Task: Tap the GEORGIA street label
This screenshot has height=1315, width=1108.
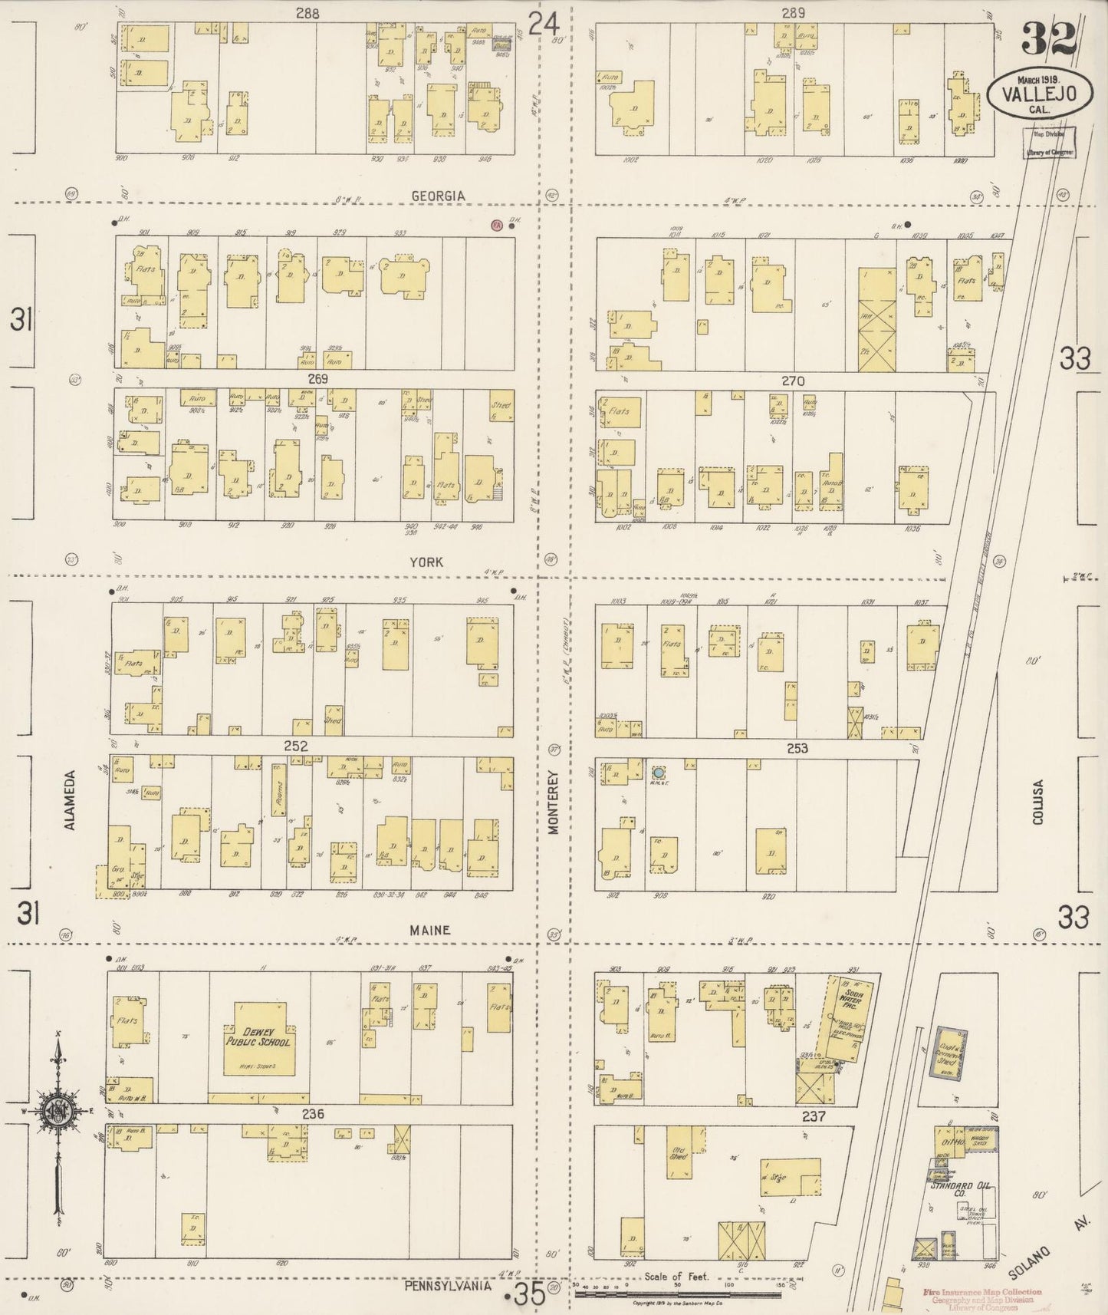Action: [438, 196]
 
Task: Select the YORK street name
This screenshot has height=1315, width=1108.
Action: [426, 562]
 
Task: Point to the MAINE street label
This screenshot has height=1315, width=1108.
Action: [429, 930]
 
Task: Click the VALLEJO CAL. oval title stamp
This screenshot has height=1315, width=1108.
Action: [1036, 94]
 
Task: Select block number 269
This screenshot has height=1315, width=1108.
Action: [317, 379]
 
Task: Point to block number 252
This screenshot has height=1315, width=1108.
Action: [295, 746]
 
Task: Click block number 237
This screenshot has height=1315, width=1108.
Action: [813, 1116]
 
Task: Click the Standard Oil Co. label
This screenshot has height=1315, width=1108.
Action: [958, 1189]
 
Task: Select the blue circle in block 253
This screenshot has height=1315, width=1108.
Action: [658, 773]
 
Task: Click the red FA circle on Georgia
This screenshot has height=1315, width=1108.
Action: [497, 226]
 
